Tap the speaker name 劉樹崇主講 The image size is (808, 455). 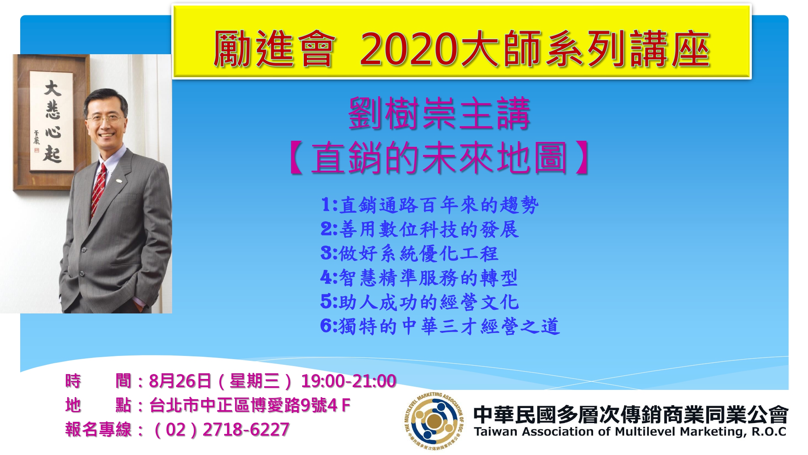pos(439,114)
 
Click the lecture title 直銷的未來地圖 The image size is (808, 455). pos(439,158)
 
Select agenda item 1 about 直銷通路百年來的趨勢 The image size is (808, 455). pos(430,205)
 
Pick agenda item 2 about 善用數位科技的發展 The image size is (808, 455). pos(420,229)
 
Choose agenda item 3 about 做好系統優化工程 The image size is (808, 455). pos(410,254)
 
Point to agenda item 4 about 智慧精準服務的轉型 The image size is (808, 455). pos(419,278)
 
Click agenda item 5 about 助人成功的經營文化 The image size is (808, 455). pos(420,302)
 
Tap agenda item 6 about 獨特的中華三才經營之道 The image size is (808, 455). pos(440,326)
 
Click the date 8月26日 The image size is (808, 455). pos(180,381)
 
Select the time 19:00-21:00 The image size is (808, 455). pos(349,381)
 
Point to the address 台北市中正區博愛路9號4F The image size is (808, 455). pos(250,405)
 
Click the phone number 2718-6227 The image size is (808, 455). pos(246,430)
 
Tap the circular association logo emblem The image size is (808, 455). pos(434,421)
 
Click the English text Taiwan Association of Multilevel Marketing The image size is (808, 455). pos(610,432)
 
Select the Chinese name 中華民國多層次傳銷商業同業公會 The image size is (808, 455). pos(631,414)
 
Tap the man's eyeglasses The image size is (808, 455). pos(105,119)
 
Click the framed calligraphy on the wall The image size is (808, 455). pos(51,122)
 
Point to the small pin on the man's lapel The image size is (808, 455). pos(119,179)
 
